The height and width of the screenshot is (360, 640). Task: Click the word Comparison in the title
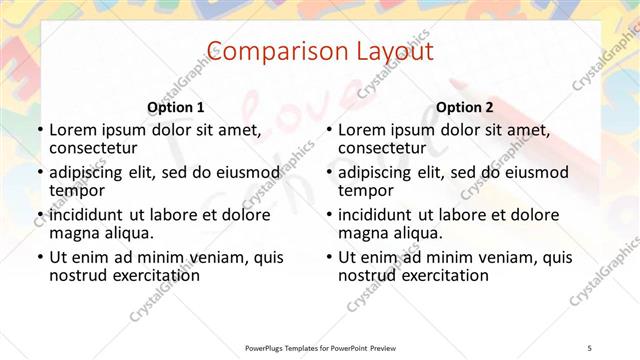[x=264, y=51]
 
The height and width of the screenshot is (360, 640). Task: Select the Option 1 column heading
[x=175, y=107]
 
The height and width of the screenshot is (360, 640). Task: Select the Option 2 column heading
[x=465, y=107]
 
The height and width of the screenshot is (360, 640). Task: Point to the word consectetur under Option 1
[x=96, y=148]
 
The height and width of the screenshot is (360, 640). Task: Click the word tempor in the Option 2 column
[x=365, y=191]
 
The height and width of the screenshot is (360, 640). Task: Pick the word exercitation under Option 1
[x=158, y=275]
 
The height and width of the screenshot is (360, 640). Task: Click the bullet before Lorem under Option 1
[x=39, y=130]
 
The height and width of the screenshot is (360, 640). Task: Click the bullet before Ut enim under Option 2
[x=328, y=257]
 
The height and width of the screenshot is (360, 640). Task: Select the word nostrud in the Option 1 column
[x=79, y=275]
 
